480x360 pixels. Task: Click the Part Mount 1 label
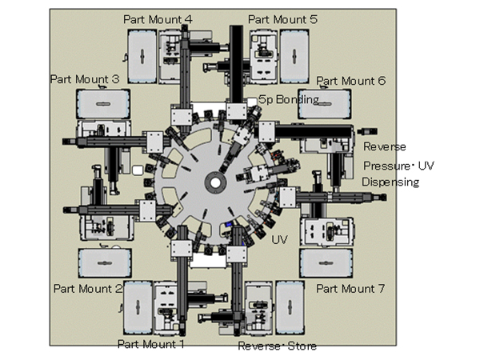tap(151, 344)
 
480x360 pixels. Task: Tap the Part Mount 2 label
tap(86, 288)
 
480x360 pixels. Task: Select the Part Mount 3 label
tap(85, 79)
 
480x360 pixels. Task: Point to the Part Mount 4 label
tap(158, 18)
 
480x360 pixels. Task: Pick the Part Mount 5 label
tap(282, 18)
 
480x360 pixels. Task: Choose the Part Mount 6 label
tap(351, 81)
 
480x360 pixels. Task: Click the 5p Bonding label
tap(289, 98)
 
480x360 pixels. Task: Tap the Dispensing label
tap(390, 182)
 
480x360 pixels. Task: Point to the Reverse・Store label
tap(277, 346)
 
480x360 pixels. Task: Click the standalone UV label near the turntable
tap(279, 239)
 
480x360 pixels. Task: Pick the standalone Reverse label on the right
tap(385, 146)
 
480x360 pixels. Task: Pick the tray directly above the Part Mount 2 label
tap(102, 261)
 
